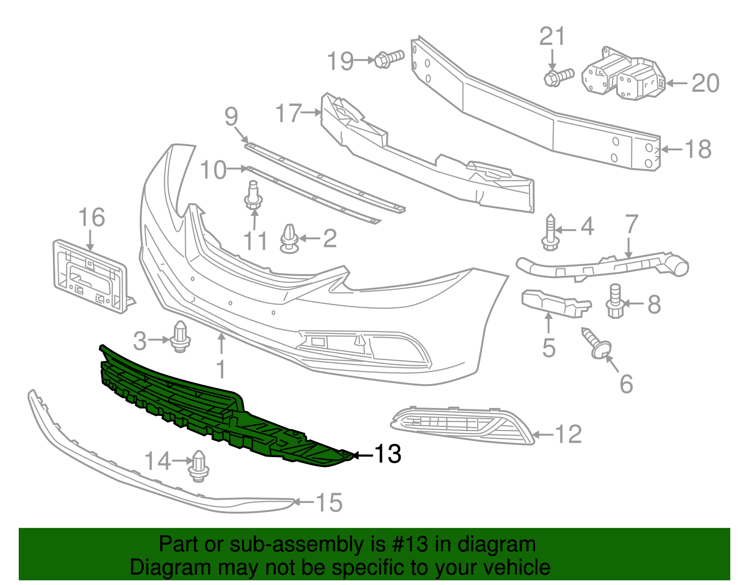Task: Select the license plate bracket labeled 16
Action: (89, 276)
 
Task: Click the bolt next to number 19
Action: (388, 59)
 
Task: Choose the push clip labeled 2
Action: (289, 238)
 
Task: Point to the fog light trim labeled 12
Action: (461, 424)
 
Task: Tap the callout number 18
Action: (698, 149)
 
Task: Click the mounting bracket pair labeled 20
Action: (623, 75)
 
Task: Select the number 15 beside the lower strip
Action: (330, 503)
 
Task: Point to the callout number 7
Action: (632, 224)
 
